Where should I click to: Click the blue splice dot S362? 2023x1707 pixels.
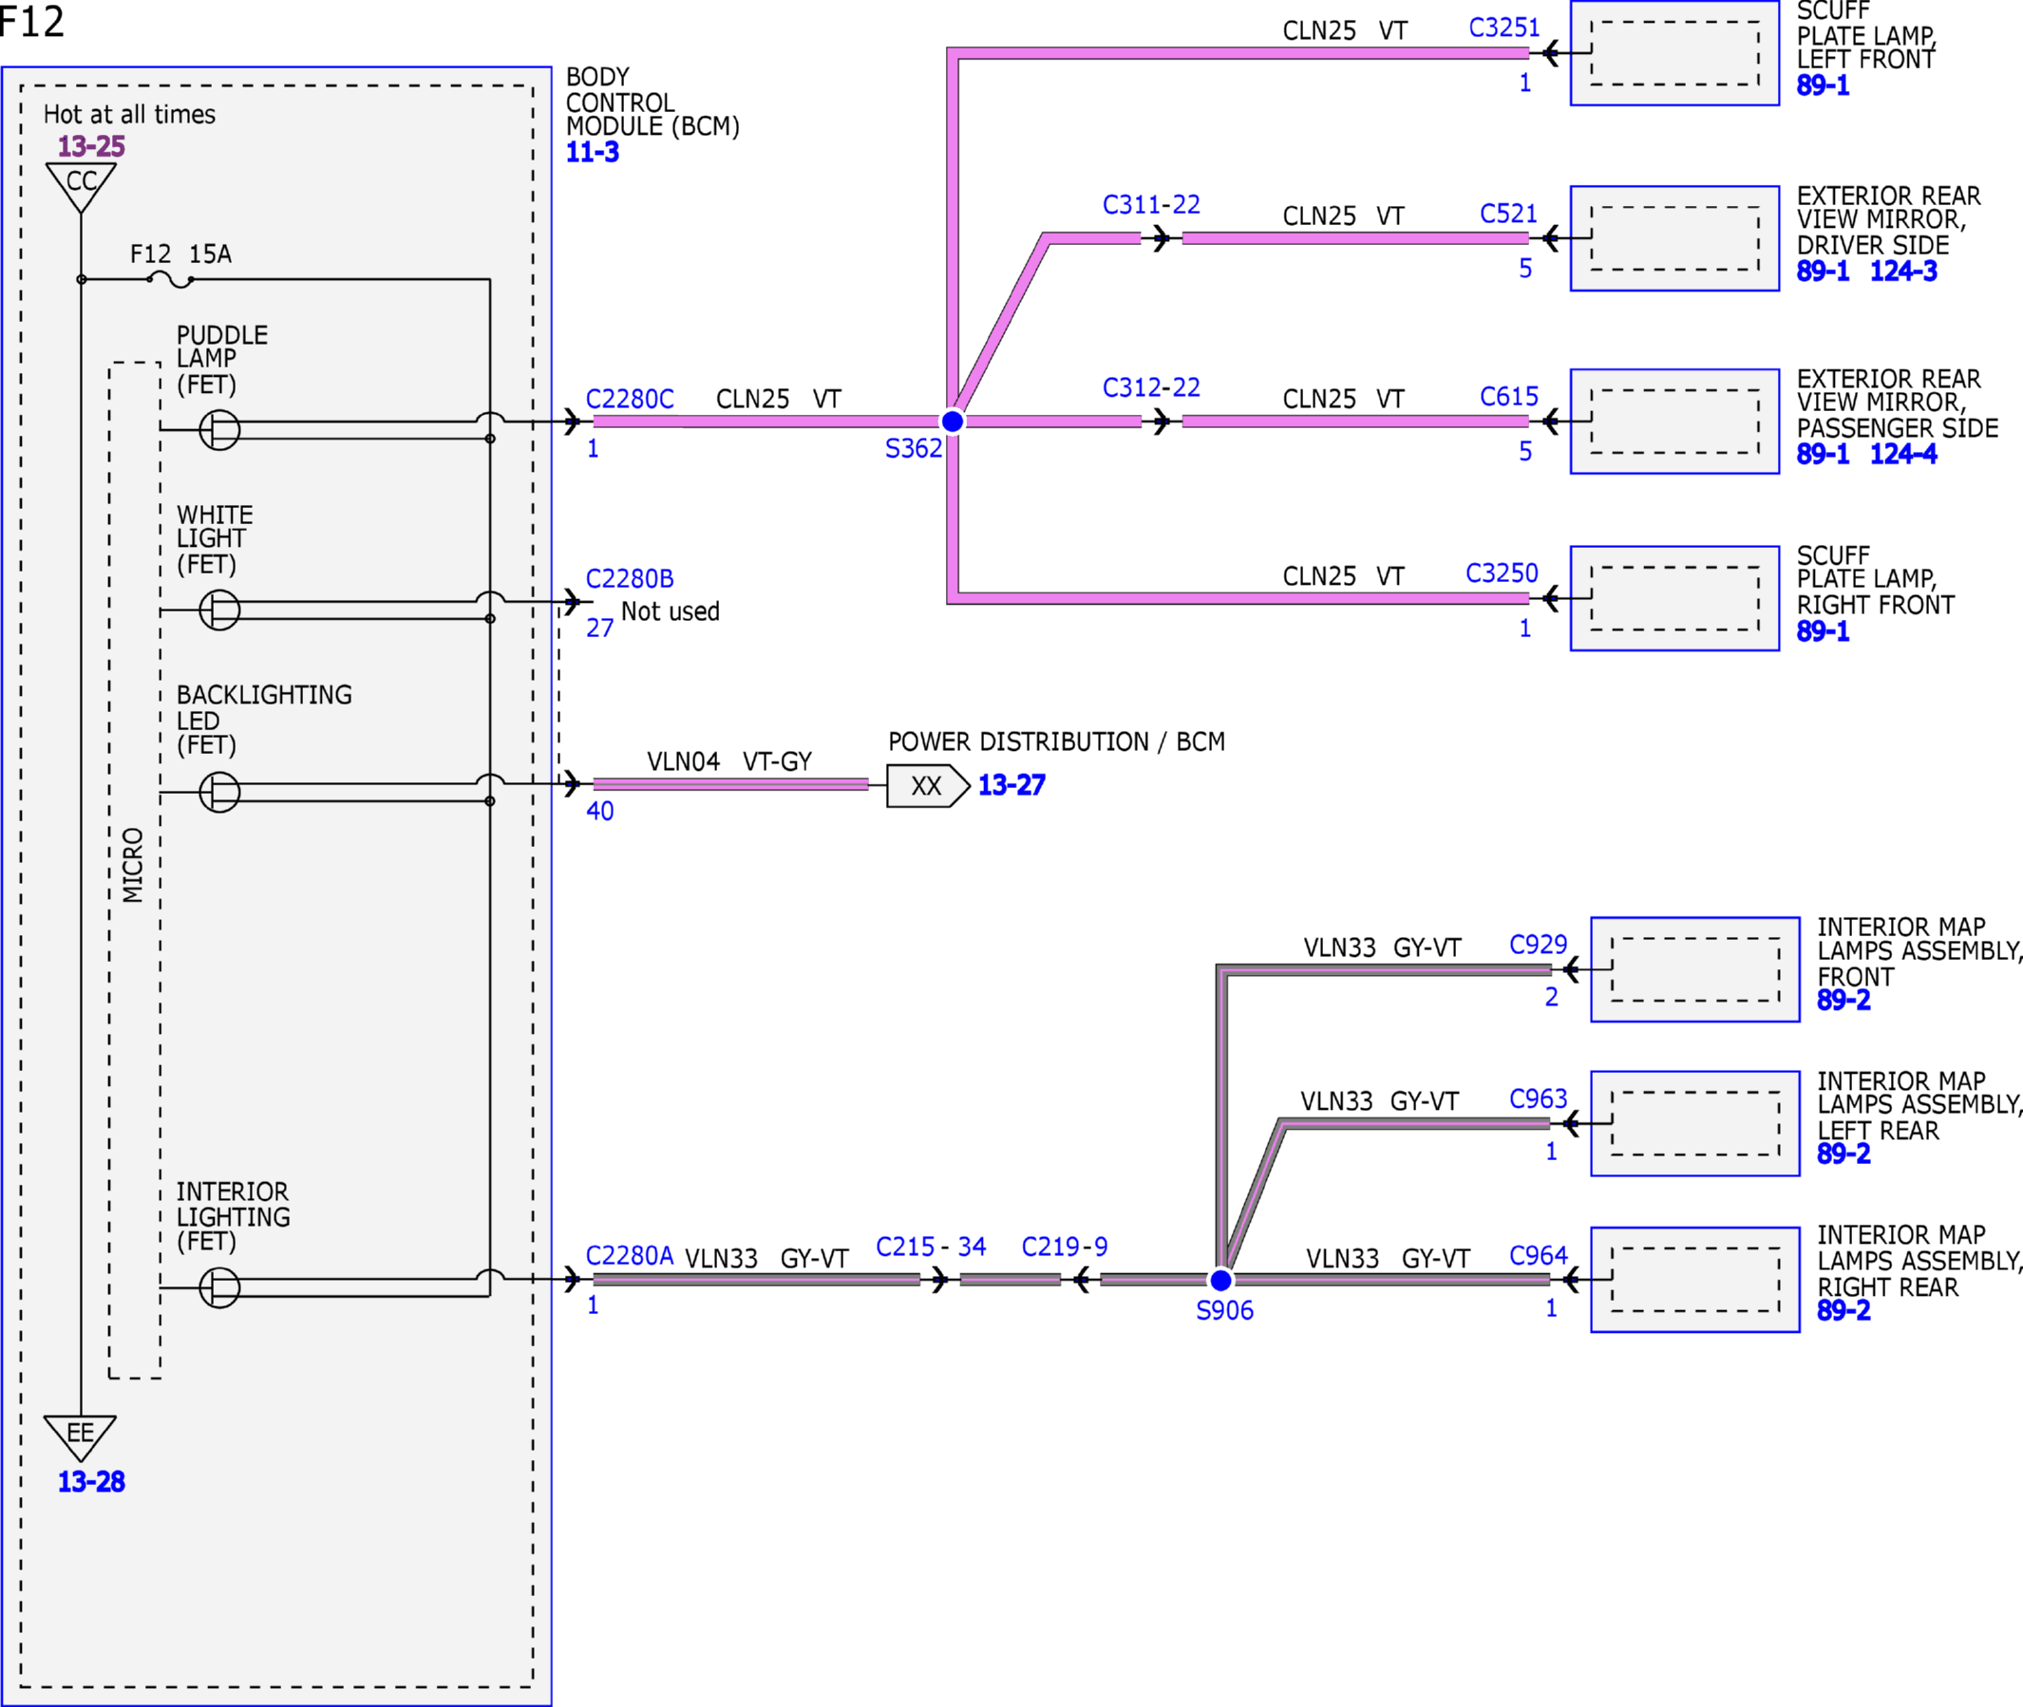coord(953,421)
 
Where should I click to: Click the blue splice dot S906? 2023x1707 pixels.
coord(1221,1280)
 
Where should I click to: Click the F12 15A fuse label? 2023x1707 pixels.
coord(181,254)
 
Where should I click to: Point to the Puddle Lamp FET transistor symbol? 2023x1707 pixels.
coord(219,430)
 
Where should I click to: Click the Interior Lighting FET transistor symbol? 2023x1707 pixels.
coord(219,1288)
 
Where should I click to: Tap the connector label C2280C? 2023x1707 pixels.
coord(630,399)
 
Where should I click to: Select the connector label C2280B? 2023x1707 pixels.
coord(630,579)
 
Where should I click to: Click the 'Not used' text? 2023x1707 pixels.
coord(671,611)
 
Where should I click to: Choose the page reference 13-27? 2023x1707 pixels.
coord(1011,785)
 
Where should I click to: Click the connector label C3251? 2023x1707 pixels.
coord(1504,28)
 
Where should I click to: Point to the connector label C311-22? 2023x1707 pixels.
coord(1152,204)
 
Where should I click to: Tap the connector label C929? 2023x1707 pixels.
coord(1538,945)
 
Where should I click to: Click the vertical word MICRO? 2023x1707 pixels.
coord(134,865)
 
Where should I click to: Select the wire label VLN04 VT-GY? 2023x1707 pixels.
coord(729,761)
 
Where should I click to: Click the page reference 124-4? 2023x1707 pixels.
coord(1904,454)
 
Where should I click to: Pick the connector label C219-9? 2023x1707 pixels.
coord(1065,1247)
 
